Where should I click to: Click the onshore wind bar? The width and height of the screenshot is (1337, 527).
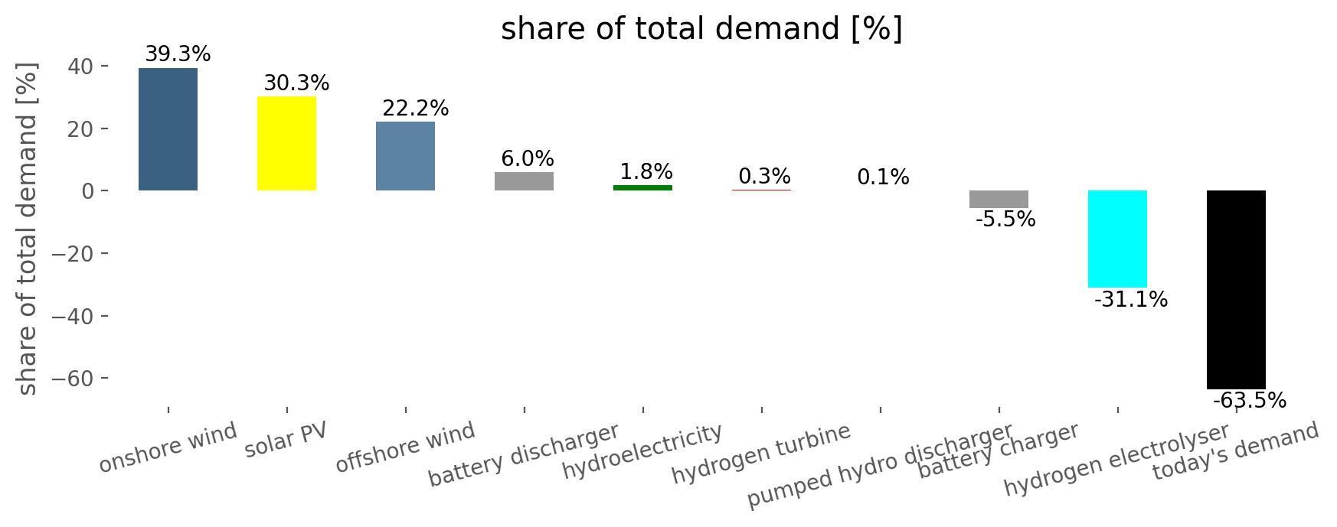(x=168, y=129)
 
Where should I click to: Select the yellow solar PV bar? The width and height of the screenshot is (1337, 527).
(x=286, y=143)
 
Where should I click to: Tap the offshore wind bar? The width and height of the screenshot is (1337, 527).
(x=405, y=156)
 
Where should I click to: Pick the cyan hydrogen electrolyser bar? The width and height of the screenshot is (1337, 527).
(x=1117, y=239)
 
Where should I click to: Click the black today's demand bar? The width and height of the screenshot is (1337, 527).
(x=1236, y=289)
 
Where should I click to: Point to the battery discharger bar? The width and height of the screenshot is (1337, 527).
(x=524, y=181)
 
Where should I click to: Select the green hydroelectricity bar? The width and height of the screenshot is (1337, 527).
(x=642, y=187)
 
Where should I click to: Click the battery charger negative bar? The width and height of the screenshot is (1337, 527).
(x=999, y=199)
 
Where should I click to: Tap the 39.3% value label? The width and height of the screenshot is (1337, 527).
(x=178, y=54)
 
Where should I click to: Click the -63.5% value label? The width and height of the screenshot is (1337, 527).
(x=1249, y=400)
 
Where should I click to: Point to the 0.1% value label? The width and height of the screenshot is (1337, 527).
(x=883, y=177)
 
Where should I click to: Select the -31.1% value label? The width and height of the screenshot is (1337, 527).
(x=1131, y=300)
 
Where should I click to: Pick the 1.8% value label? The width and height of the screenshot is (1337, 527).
(x=646, y=171)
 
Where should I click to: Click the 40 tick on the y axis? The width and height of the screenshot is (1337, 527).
(x=83, y=67)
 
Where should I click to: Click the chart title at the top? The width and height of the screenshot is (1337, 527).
(x=701, y=29)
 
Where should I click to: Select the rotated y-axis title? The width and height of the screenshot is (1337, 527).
(x=27, y=229)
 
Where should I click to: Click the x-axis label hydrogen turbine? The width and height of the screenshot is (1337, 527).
(x=760, y=453)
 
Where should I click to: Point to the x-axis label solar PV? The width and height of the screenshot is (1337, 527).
(x=286, y=441)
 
